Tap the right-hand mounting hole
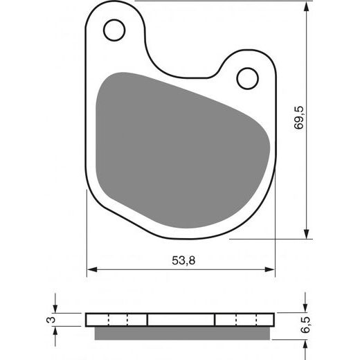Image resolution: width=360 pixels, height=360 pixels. (247, 78)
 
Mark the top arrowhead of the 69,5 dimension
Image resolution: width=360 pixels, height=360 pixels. (305, 6)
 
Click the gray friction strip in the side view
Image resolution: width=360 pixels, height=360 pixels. (181, 332)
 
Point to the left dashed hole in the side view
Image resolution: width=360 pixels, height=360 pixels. (119, 319)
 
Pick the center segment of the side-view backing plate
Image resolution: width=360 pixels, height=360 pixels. (181, 319)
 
